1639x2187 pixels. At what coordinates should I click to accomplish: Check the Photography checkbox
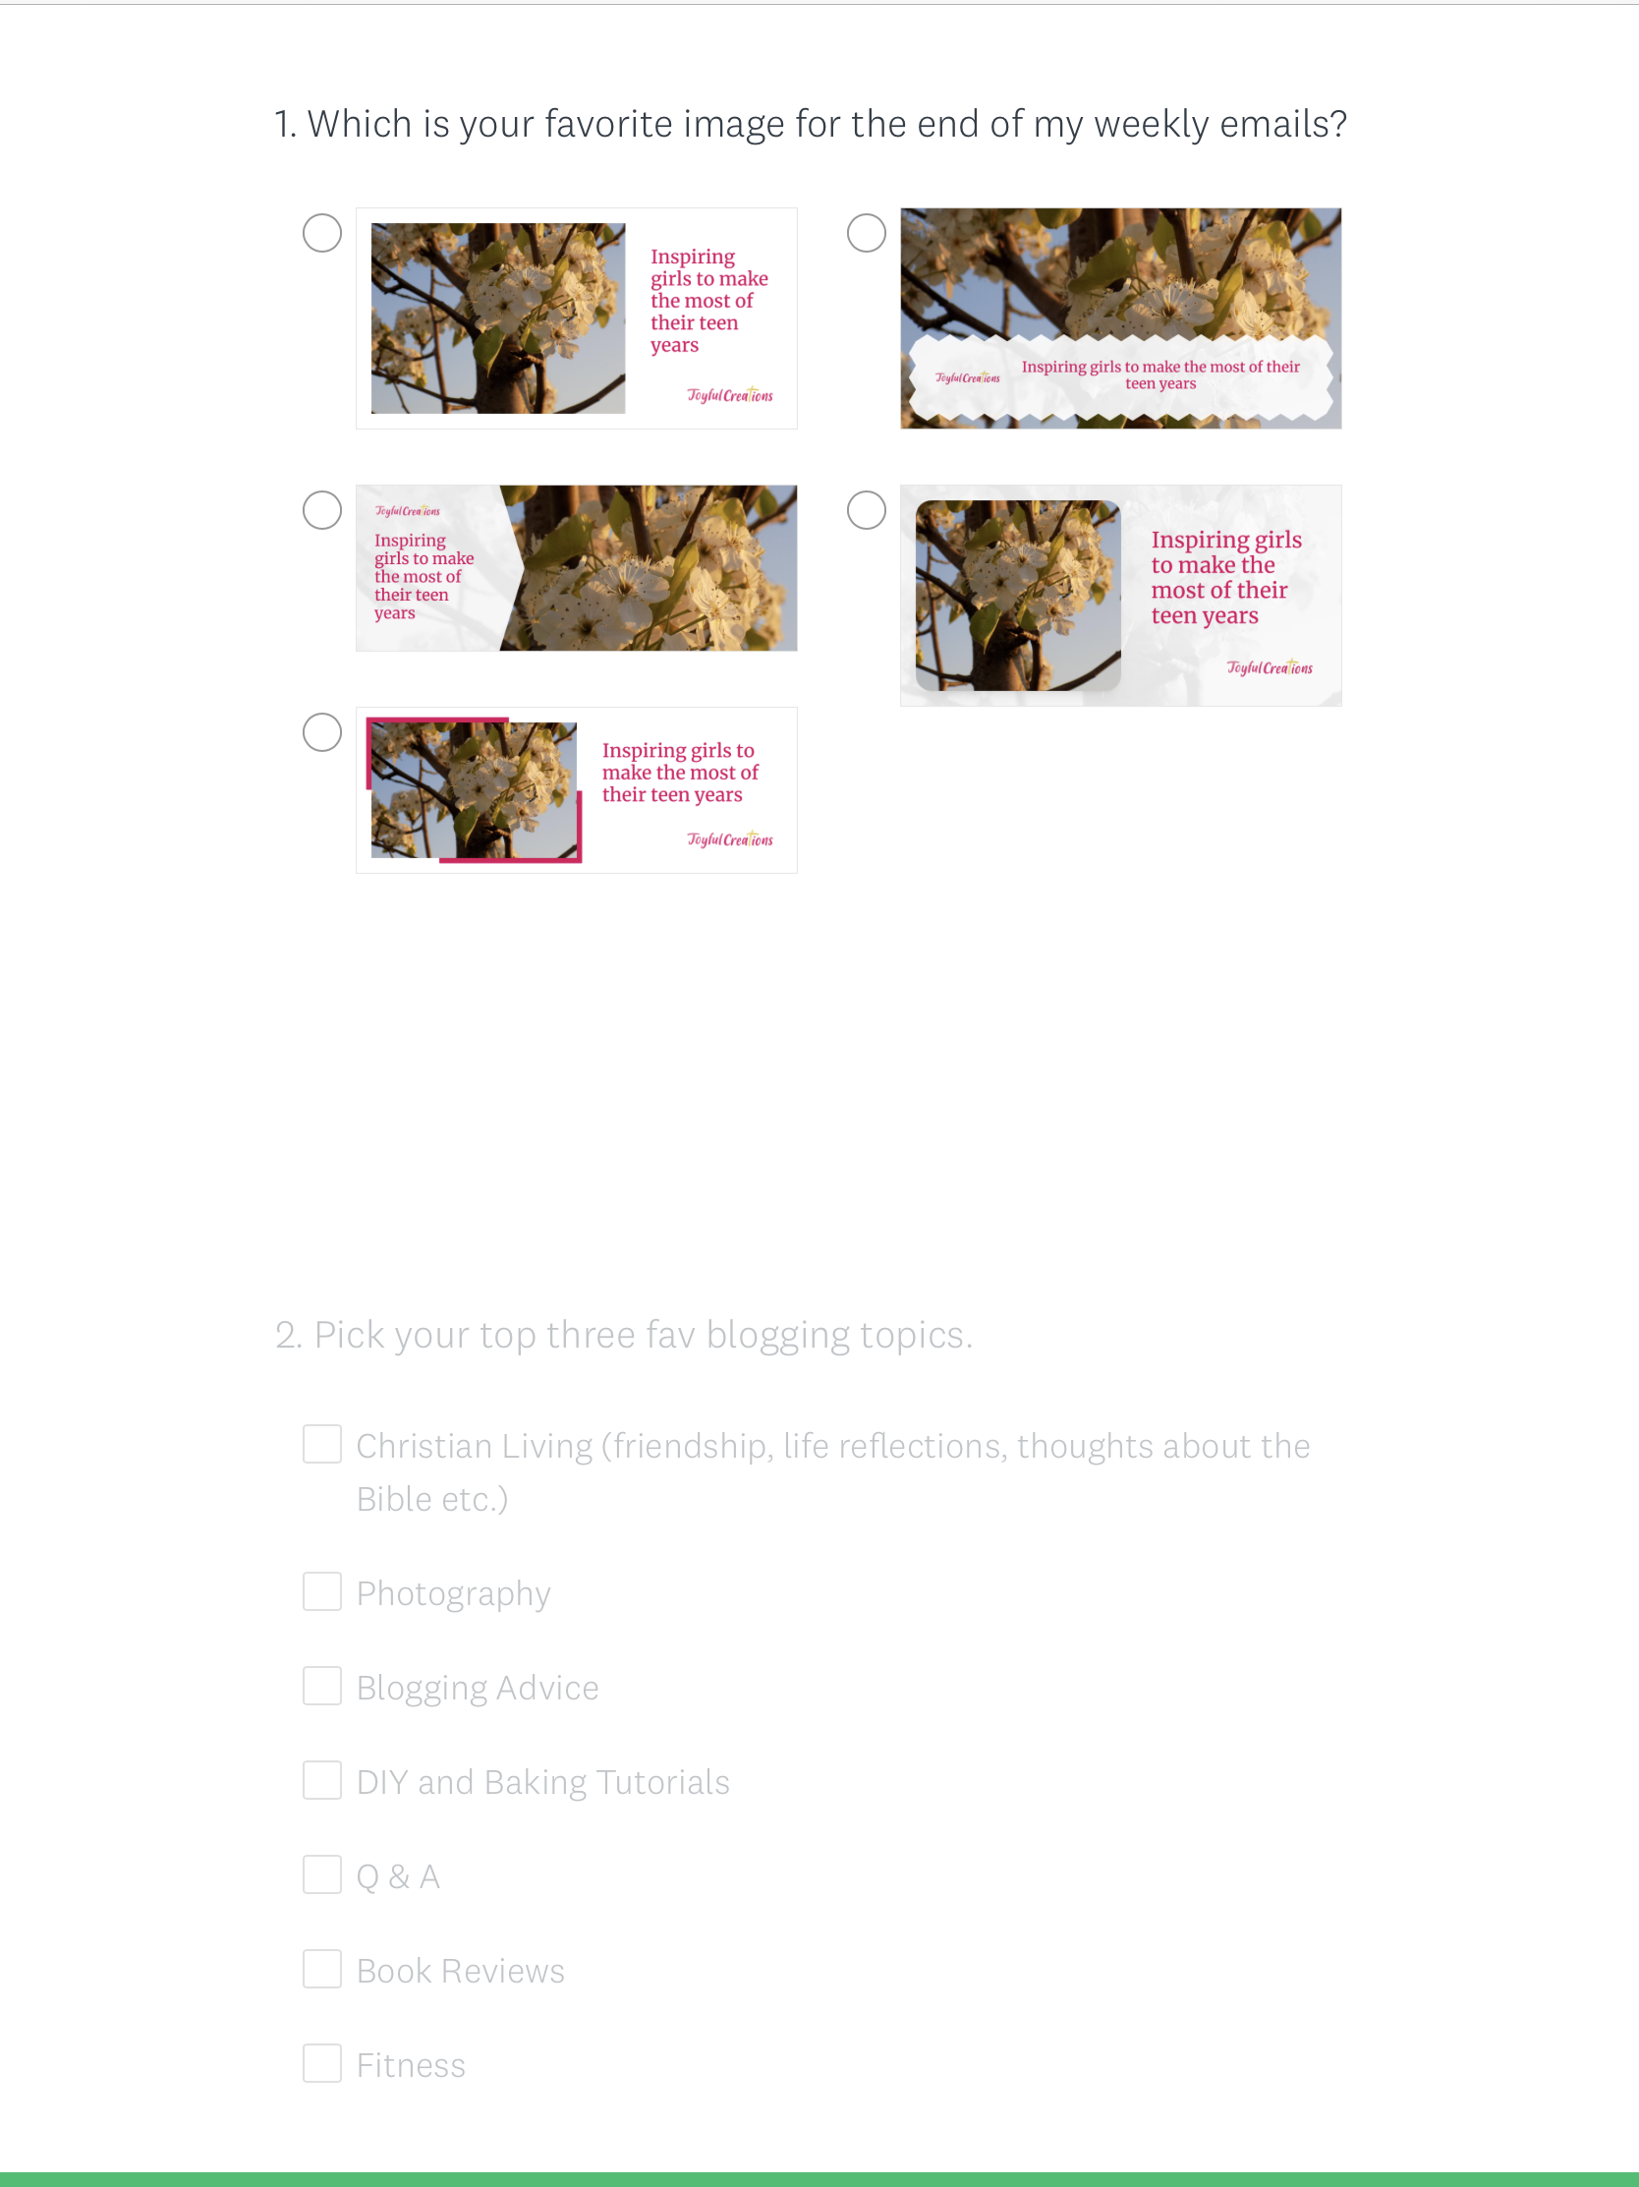pos(322,1591)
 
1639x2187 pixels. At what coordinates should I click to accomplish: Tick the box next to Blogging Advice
pos(322,1686)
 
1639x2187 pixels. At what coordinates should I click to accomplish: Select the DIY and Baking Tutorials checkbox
pos(322,1781)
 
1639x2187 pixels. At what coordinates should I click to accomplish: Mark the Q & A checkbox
pos(322,1874)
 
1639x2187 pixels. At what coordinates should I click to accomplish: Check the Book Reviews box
pos(322,1970)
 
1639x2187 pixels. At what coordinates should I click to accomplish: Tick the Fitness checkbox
pos(322,2063)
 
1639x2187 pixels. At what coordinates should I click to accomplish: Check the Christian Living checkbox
pos(322,1445)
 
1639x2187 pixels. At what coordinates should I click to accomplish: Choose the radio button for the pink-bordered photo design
pos(322,732)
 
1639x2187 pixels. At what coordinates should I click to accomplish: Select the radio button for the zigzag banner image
pos(867,233)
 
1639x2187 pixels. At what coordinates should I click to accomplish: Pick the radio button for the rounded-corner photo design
pos(867,510)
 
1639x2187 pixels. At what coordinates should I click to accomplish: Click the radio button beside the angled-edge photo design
pos(322,510)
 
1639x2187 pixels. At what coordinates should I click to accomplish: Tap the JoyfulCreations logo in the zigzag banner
pos(968,377)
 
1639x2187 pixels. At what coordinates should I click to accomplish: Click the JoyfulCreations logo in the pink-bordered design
pos(730,839)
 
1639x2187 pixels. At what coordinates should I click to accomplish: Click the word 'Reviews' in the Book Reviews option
pos(502,1972)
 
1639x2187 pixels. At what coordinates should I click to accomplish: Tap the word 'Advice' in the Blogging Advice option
pos(546,1688)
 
